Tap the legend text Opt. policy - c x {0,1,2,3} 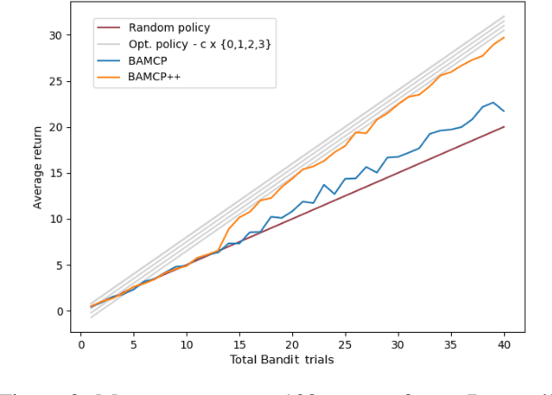[199, 43]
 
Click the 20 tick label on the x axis [291, 344]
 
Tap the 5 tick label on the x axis [133, 344]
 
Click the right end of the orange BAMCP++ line [503, 37]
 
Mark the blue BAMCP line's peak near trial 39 [492, 103]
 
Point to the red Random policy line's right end [503, 127]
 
